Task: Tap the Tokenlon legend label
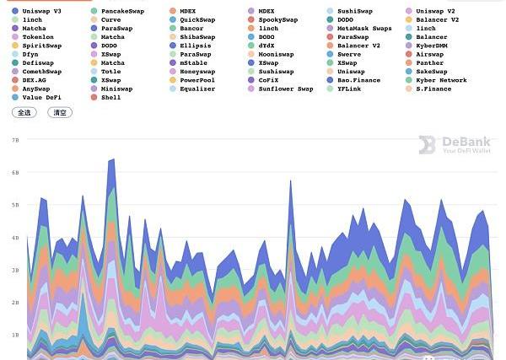pyautogui.click(x=37, y=37)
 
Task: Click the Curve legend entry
pyautogui.click(x=110, y=19)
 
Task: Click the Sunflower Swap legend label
pyautogui.click(x=285, y=89)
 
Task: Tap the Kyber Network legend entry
pyautogui.click(x=440, y=80)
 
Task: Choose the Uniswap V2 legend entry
pyautogui.click(x=435, y=11)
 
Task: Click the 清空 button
pyautogui.click(x=60, y=112)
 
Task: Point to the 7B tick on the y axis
pyautogui.click(x=15, y=140)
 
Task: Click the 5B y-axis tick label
pyautogui.click(x=15, y=205)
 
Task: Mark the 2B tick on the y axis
pyautogui.click(x=15, y=303)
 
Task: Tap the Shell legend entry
pyautogui.click(x=110, y=97)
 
